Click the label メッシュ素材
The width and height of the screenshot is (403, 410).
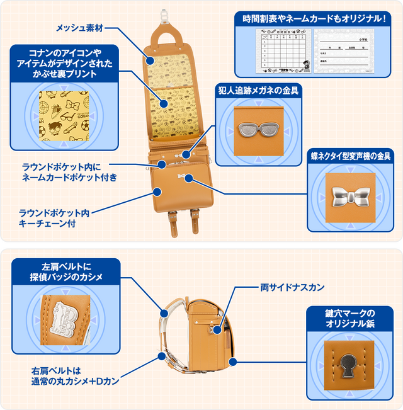click(x=81, y=28)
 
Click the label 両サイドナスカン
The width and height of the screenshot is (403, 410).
click(x=292, y=287)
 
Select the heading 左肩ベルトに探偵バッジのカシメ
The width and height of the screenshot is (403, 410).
click(x=66, y=271)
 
